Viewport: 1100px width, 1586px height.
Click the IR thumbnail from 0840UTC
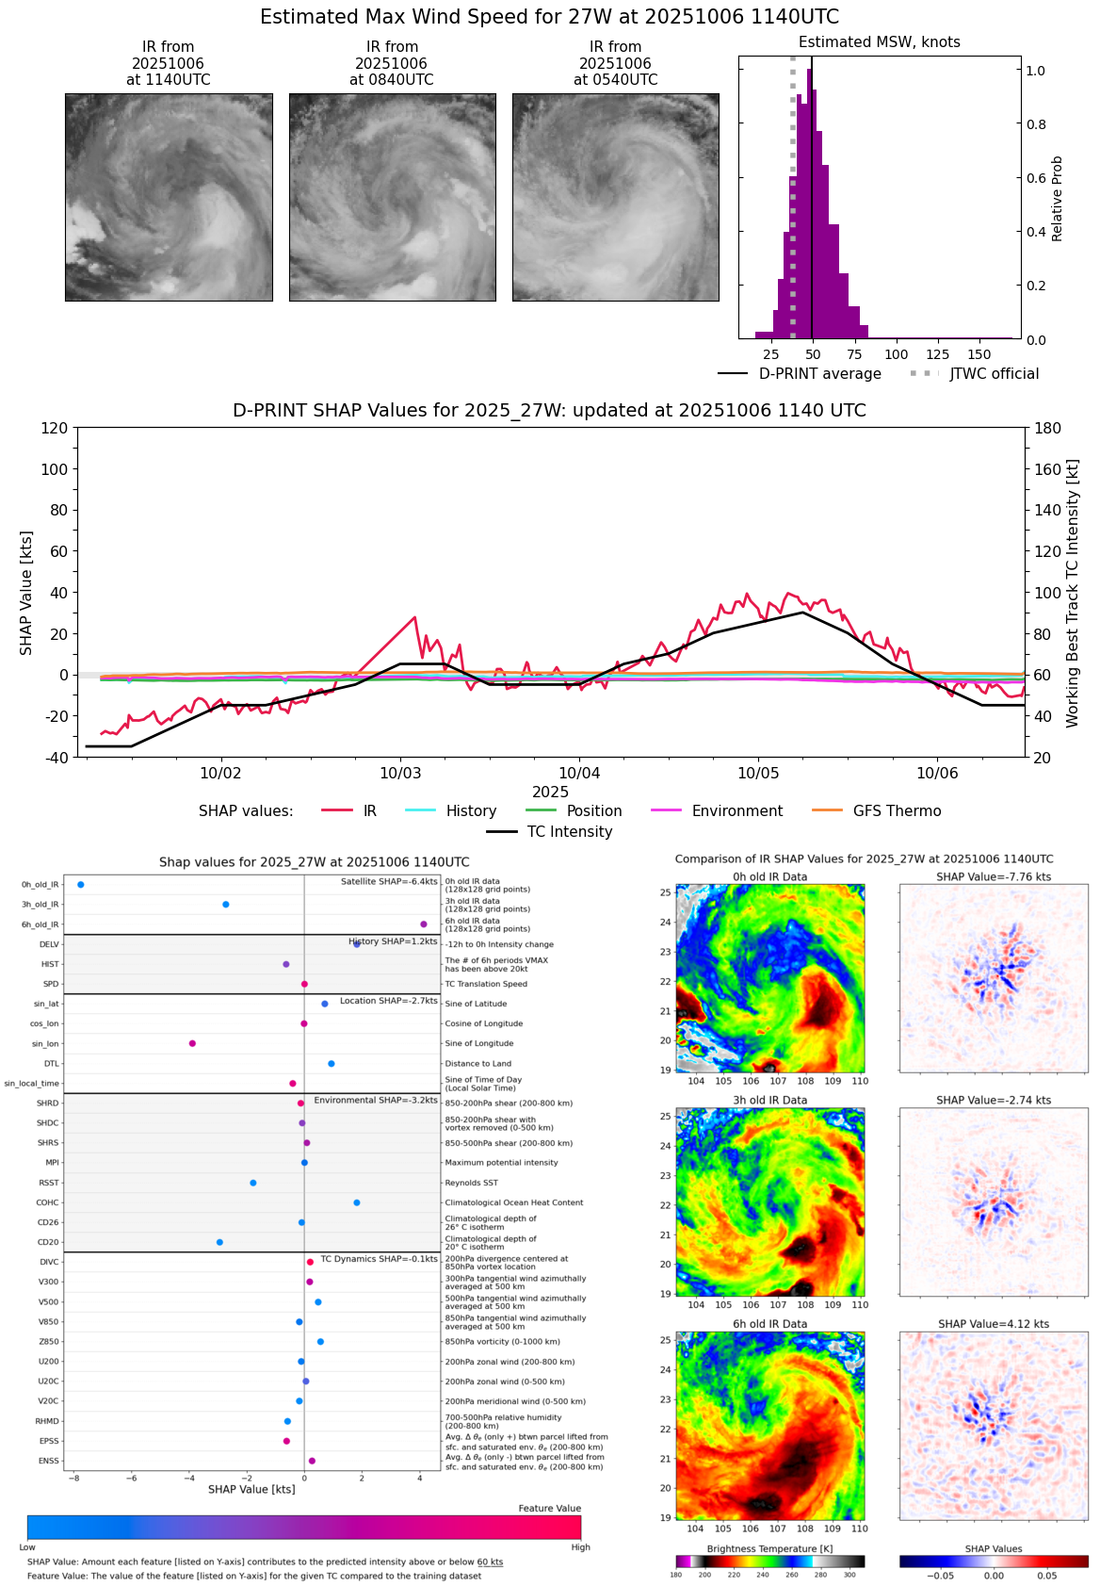point(392,197)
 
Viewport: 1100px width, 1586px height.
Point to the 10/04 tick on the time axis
point(579,773)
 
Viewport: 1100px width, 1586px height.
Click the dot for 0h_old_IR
point(81,885)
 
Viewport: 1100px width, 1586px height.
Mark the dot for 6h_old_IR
point(424,924)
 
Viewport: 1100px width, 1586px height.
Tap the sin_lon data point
point(192,1043)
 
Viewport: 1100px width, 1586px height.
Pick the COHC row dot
point(357,1202)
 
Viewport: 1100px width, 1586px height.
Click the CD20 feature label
point(48,1242)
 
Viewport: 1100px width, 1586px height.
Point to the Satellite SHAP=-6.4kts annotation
point(389,882)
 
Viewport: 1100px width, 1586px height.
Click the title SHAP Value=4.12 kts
point(994,1324)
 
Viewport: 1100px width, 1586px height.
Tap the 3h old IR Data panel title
point(769,1100)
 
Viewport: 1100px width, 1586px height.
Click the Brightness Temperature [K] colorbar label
point(769,1548)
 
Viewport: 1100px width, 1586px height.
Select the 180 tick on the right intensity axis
point(1048,428)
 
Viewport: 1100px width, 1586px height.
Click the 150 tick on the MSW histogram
point(979,354)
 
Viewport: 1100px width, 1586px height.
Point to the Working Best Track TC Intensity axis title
point(1073,594)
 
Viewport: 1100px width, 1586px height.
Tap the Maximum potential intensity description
point(501,1163)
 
